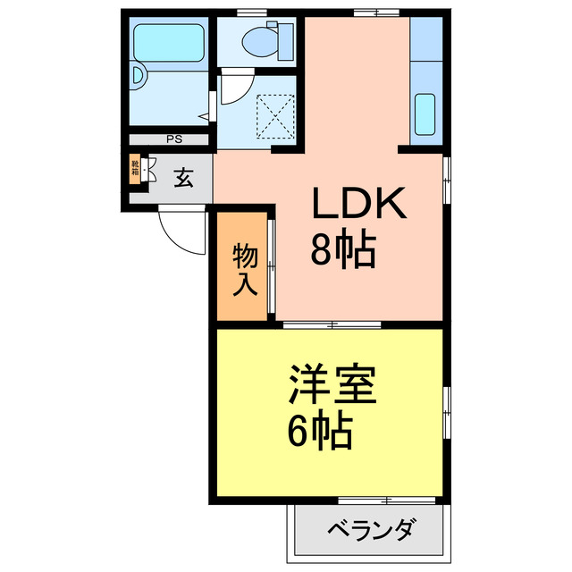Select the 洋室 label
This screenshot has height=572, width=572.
pos(332,385)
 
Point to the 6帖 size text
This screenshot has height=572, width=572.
pos(319,433)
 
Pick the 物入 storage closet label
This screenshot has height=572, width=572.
pos(245,269)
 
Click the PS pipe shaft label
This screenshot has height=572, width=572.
pos(173,139)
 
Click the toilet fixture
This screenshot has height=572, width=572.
pos(265,40)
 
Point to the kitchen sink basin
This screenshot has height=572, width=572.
pos(425,113)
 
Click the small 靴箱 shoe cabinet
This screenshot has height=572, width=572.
pos(135,169)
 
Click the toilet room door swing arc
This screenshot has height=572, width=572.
pos(234,89)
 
